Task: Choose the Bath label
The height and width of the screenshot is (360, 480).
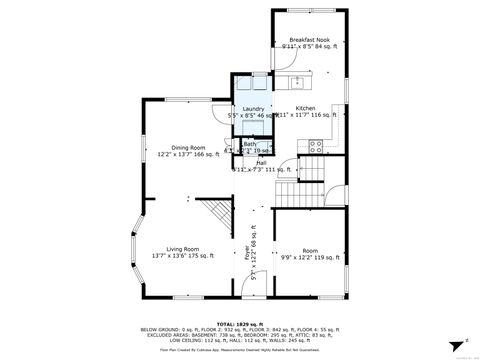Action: click(x=249, y=145)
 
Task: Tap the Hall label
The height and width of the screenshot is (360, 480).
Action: click(x=260, y=164)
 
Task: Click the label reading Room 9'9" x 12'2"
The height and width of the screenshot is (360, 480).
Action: click(x=310, y=252)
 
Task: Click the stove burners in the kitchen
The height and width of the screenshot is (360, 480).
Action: click(x=316, y=145)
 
